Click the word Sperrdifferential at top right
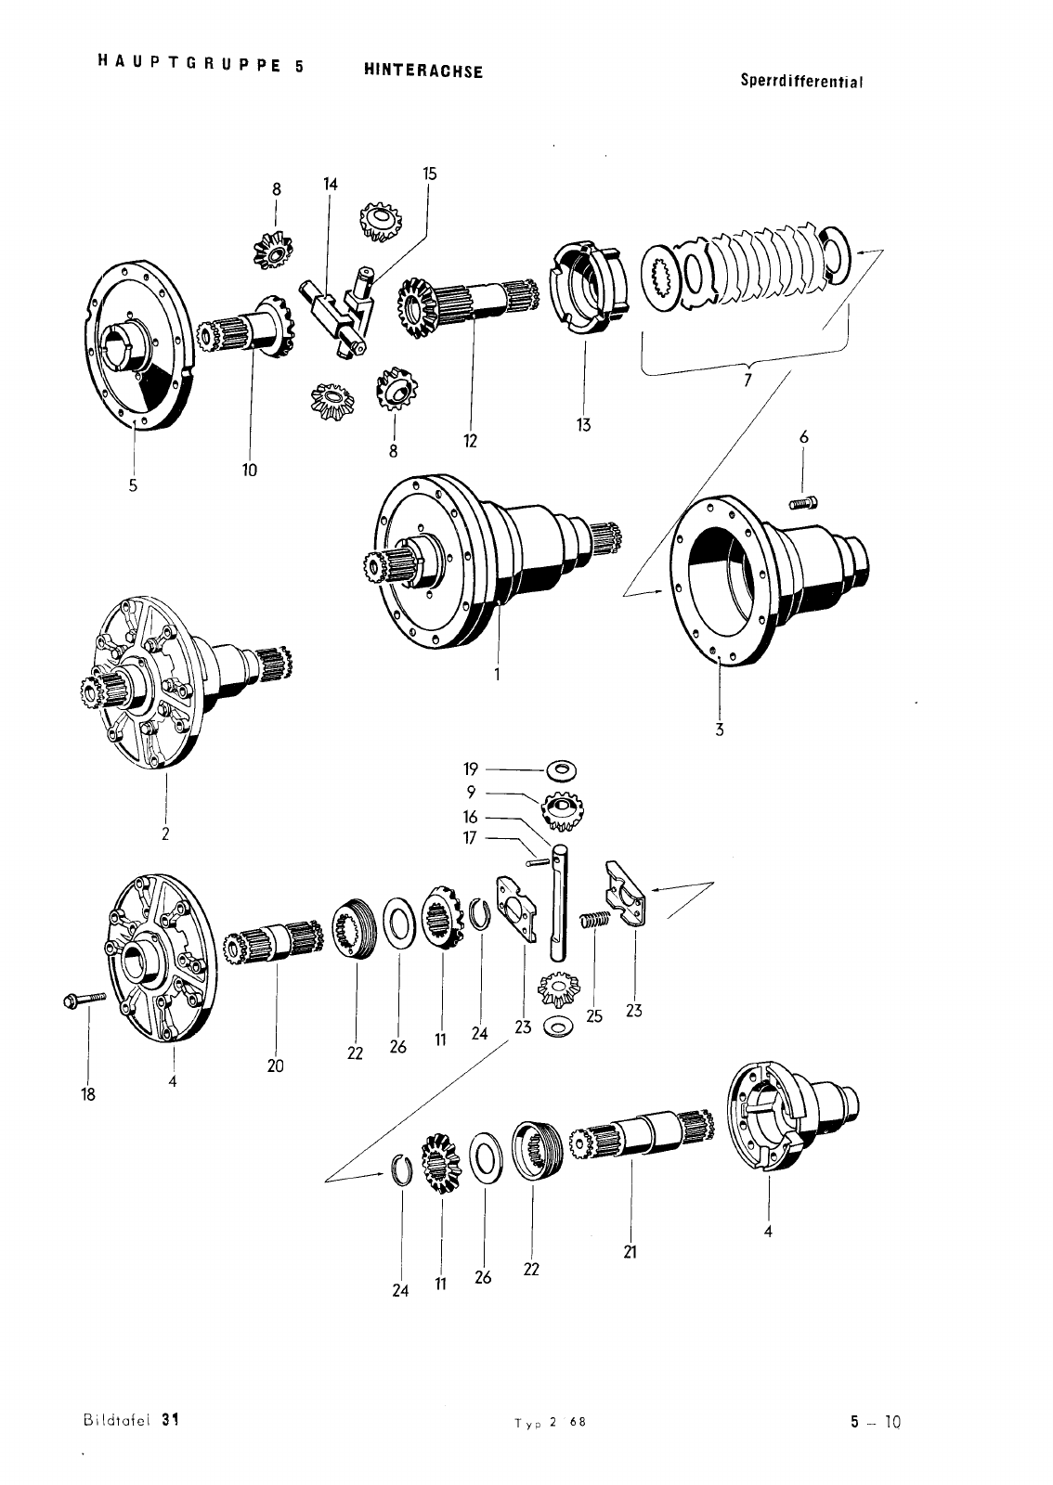click(x=802, y=81)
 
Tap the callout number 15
click(x=429, y=174)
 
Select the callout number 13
click(x=583, y=425)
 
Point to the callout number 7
click(x=748, y=381)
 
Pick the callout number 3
click(x=719, y=730)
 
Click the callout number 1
click(x=497, y=675)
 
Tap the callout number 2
click(x=164, y=833)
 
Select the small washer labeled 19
click(x=561, y=769)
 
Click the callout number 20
click(x=275, y=1065)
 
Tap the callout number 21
click(x=630, y=1251)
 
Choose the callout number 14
click(x=331, y=184)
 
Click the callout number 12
click(x=471, y=441)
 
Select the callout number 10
click(x=250, y=470)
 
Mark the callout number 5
click(x=133, y=484)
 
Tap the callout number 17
click(x=470, y=838)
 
